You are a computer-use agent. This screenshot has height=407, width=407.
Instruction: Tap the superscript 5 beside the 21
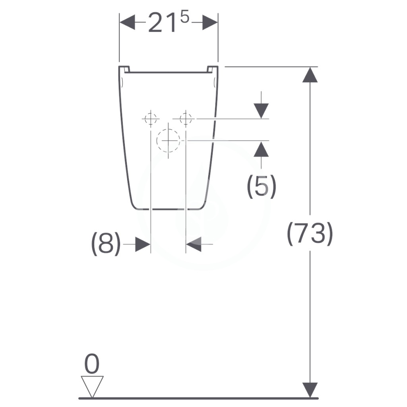(x=184, y=17)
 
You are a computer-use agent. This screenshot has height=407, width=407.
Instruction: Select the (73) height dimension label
(x=310, y=233)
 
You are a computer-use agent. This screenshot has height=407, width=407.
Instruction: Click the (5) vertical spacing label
(x=262, y=186)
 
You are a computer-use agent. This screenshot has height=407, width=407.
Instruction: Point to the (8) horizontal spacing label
(x=106, y=244)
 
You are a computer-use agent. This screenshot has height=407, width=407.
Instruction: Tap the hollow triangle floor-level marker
(x=92, y=386)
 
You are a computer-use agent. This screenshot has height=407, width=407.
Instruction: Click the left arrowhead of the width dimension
(x=127, y=22)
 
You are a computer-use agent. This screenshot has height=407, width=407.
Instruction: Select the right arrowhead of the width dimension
(x=210, y=22)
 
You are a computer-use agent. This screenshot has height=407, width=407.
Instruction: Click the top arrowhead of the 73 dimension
(x=310, y=75)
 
